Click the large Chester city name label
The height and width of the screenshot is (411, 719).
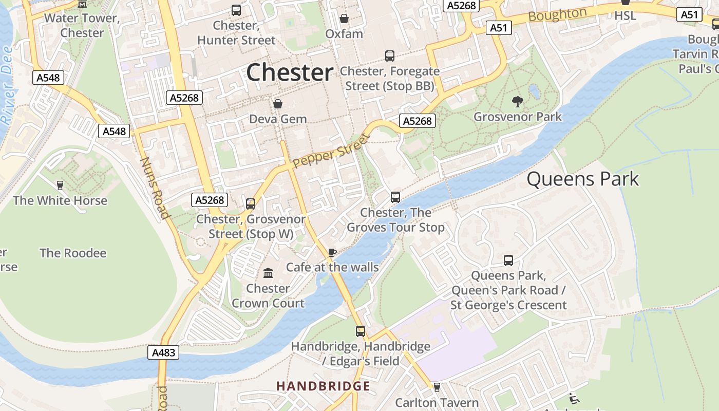pyautogui.click(x=290, y=72)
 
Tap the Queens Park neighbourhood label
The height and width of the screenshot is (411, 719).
pyautogui.click(x=582, y=179)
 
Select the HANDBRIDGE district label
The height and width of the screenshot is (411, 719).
pyautogui.click(x=323, y=386)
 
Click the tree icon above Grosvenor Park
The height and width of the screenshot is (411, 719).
pyautogui.click(x=518, y=101)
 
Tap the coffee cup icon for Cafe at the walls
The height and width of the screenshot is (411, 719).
pyautogui.click(x=332, y=252)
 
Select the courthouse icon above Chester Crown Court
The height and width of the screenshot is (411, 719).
pyautogui.click(x=268, y=273)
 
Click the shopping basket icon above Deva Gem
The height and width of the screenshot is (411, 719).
pyautogui.click(x=278, y=104)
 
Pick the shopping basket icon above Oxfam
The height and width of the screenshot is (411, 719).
pyautogui.click(x=344, y=18)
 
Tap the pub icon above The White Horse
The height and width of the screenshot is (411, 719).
pyautogui.click(x=60, y=185)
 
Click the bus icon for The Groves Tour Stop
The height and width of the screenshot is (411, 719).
pyautogui.click(x=395, y=197)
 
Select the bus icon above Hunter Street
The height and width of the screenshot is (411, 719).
pyautogui.click(x=236, y=10)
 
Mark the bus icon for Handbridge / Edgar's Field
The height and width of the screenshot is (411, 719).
pyautogui.click(x=361, y=331)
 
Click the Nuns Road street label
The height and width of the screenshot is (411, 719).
pyautogui.click(x=155, y=188)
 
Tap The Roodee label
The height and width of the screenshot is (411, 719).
pyautogui.click(x=73, y=253)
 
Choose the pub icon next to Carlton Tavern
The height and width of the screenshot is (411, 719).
pyautogui.click(x=437, y=387)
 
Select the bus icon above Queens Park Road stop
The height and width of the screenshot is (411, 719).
pyautogui.click(x=508, y=260)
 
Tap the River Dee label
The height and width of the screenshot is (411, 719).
pyautogui.click(x=7, y=85)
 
